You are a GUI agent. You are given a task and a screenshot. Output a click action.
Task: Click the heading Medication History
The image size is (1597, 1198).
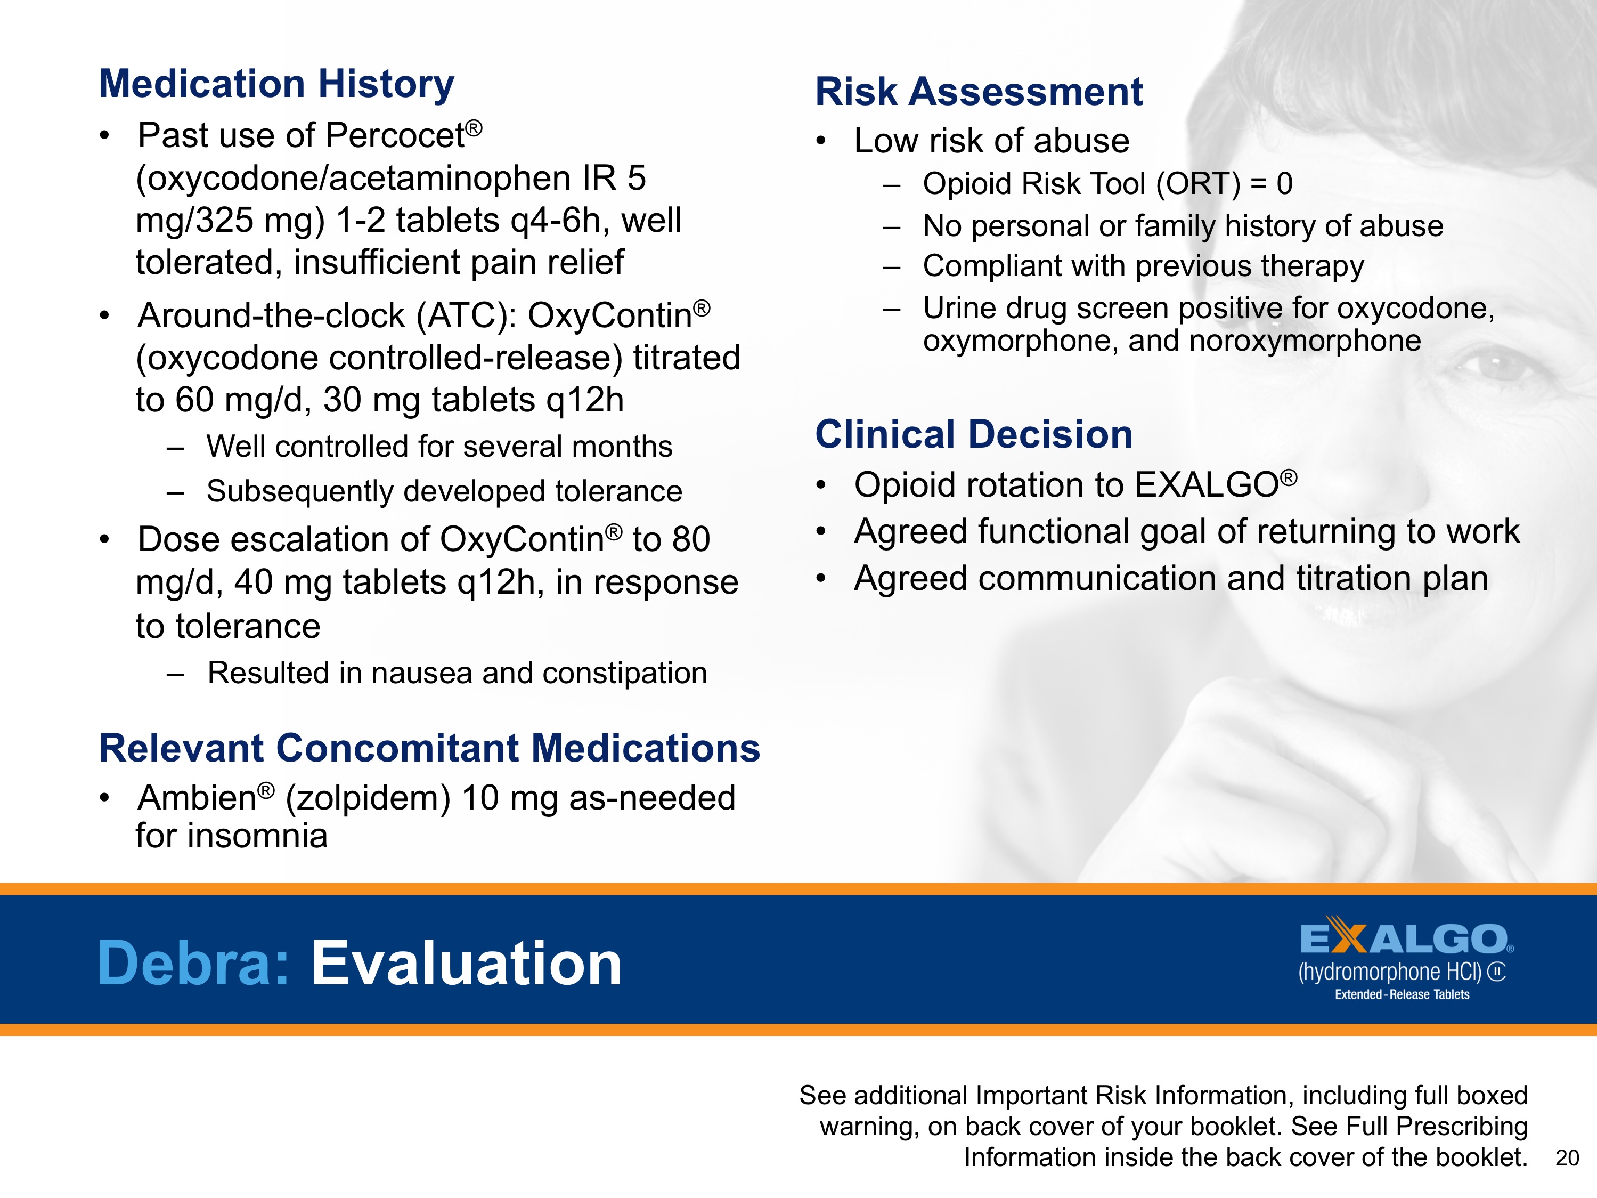pos(276,83)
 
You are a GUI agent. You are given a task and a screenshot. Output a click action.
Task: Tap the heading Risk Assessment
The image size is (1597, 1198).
pos(978,92)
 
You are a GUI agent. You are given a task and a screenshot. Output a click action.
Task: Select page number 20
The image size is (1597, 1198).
pos(1567,1157)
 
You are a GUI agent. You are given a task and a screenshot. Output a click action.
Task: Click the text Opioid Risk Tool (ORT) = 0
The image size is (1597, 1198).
pos(1107,183)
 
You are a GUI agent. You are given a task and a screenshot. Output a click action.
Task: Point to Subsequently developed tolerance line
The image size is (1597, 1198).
pos(443,491)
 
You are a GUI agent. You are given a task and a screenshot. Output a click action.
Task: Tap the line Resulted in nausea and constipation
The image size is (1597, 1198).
pos(457,673)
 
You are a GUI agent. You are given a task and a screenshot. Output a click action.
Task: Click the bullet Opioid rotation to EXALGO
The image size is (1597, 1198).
pos(1074,484)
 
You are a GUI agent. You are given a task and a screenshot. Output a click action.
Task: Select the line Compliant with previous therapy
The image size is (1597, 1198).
pos(1143,266)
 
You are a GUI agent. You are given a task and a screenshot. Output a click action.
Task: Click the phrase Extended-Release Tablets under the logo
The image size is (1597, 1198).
pos(1402,994)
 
